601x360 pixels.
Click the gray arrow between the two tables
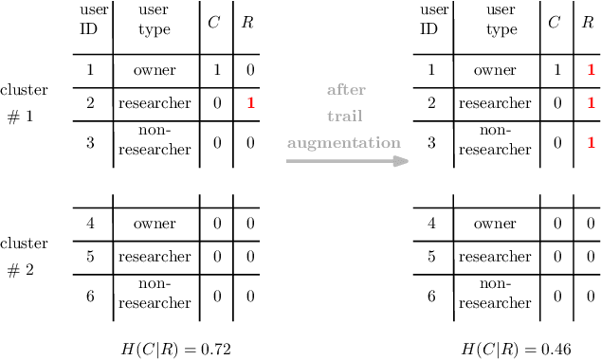[347, 161]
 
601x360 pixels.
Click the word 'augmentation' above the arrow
[344, 143]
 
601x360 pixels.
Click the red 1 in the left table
[250, 102]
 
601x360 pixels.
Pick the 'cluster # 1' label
[24, 103]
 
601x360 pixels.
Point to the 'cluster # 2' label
[24, 256]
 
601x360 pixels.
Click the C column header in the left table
[214, 22]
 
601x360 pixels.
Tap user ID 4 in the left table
[90, 225]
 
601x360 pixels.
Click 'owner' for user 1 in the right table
[495, 70]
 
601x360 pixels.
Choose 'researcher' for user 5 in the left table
[154, 257]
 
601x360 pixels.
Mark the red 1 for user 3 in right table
[591, 143]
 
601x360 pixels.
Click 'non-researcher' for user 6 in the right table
[495, 296]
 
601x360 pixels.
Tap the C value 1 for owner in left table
[216, 70]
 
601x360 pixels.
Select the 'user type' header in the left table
[154, 21]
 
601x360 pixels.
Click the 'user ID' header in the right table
[431, 19]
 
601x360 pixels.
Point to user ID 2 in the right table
[431, 102]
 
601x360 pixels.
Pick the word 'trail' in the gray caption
[345, 117]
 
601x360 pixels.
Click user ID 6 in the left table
[90, 296]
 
